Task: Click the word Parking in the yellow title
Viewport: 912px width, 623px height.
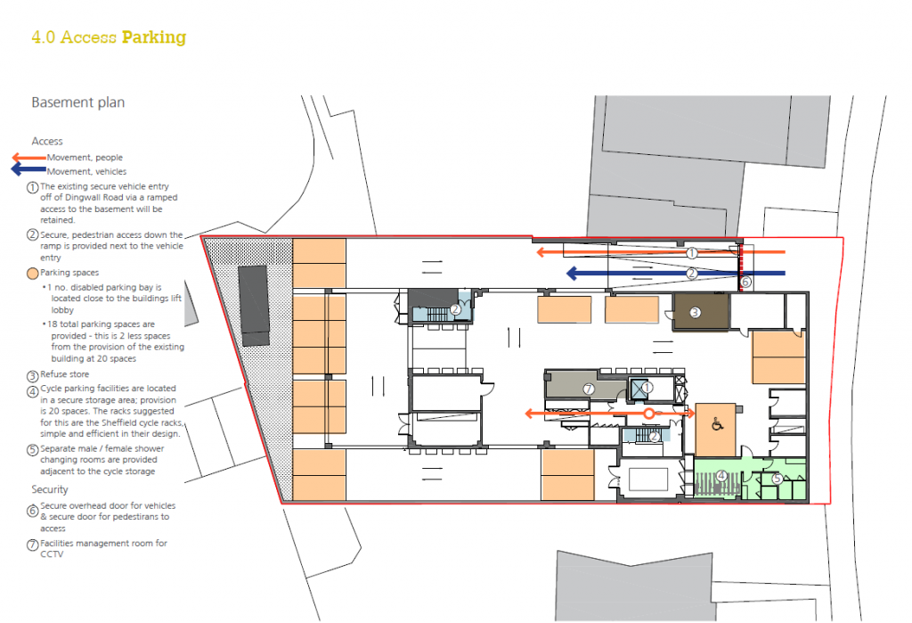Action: [154, 37]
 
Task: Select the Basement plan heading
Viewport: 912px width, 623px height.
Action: [78, 102]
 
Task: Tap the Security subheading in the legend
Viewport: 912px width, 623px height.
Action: [50, 489]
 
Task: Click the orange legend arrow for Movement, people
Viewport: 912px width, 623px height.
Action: [29, 157]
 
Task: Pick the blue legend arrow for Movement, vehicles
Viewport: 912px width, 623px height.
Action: [28, 169]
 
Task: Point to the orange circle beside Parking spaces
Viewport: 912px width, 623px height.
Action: [33, 273]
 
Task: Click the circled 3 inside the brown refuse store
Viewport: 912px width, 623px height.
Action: [695, 313]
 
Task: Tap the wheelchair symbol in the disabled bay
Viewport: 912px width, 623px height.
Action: [717, 424]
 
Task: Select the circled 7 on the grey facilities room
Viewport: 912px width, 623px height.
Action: [589, 389]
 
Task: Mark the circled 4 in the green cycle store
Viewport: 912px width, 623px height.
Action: [721, 476]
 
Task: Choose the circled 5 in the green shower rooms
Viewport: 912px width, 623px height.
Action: [777, 479]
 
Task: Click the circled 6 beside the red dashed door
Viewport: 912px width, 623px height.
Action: [745, 282]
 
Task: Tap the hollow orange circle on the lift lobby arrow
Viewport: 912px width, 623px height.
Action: [648, 414]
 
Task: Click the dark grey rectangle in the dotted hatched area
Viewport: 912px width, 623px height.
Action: [254, 306]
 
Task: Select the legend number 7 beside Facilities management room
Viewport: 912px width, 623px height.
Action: [33, 545]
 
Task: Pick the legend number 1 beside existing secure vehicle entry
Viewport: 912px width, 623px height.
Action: [33, 188]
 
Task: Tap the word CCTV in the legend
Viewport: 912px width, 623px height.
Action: [52, 554]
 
